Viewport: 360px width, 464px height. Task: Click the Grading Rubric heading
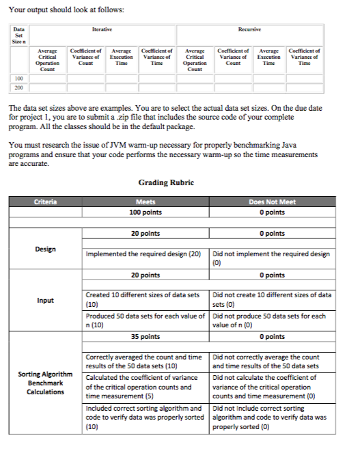pyautogui.click(x=166, y=183)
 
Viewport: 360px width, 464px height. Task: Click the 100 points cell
pyautogui.click(x=145, y=212)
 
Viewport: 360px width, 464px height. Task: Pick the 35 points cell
pyautogui.click(x=145, y=336)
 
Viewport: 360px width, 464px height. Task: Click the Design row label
pyautogui.click(x=46, y=249)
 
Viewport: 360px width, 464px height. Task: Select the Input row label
pyautogui.click(x=46, y=300)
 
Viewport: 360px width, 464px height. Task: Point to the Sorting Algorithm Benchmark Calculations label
pyautogui.click(x=46, y=383)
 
